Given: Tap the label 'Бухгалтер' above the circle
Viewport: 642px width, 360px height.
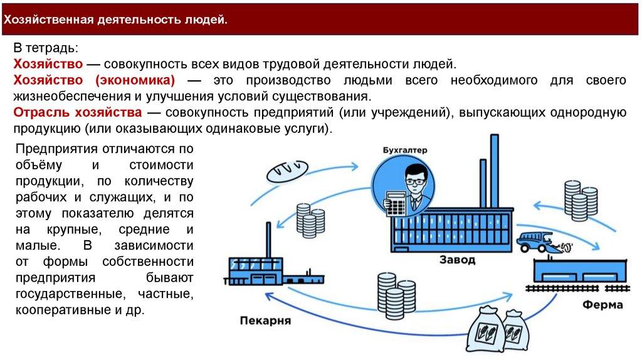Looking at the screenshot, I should point(404,151).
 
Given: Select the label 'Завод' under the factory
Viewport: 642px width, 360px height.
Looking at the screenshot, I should point(457,259).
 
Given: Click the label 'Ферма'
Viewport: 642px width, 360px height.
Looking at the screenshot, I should point(603,305).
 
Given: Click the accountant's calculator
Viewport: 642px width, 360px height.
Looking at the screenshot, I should point(394,203).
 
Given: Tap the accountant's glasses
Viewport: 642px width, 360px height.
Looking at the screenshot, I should point(414,181).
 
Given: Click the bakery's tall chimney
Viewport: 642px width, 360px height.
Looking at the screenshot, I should point(268,238).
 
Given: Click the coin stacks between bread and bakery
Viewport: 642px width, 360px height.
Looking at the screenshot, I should point(310,220).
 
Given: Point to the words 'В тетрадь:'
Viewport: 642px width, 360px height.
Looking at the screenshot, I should point(46,48).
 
